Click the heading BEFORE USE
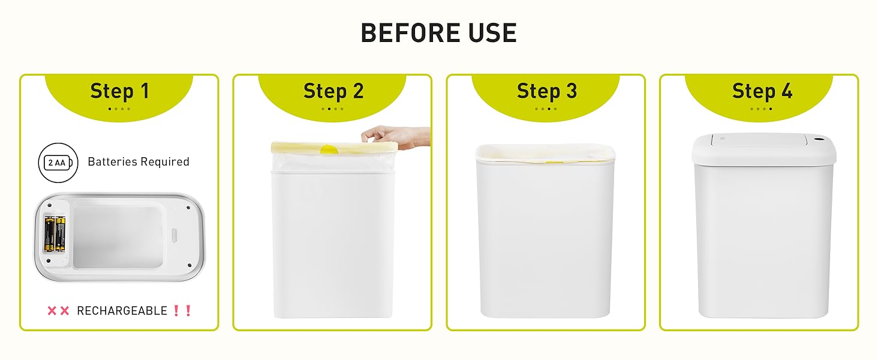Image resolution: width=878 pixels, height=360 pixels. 438,33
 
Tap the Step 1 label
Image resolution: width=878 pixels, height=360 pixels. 119,91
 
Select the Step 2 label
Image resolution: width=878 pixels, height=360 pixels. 333,91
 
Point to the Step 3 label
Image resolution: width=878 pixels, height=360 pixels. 546,91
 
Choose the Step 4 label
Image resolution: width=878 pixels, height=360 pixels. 762,91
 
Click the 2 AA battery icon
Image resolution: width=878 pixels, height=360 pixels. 58,162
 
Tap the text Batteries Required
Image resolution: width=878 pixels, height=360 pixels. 139,162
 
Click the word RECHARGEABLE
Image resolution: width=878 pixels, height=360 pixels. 122,311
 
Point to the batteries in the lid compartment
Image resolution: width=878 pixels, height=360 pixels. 55,234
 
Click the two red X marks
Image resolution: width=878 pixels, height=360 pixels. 58,311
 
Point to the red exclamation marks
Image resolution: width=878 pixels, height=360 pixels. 181,311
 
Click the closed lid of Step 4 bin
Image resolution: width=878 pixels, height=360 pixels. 763,148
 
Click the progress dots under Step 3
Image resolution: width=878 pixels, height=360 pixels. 546,109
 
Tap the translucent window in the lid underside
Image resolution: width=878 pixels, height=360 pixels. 118,235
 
